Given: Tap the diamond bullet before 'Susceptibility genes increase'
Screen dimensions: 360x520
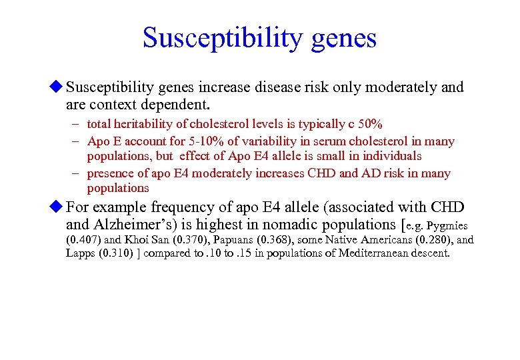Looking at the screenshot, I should click(57, 87).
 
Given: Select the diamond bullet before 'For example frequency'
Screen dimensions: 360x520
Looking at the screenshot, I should click(57, 207).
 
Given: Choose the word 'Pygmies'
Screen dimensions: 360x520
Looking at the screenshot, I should click(450, 225).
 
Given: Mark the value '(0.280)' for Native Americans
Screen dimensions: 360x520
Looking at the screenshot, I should click(431, 240).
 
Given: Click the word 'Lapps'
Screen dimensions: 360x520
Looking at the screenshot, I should click(81, 254).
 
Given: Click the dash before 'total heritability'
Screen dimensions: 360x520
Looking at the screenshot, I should click(77, 124).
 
